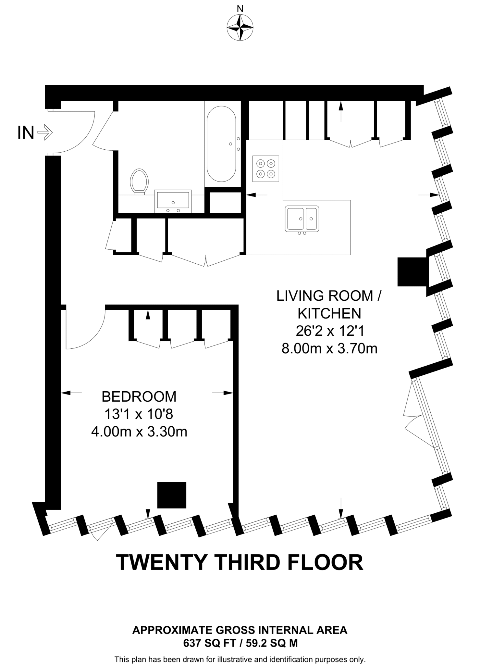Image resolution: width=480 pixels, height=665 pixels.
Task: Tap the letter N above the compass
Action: coord(240,9)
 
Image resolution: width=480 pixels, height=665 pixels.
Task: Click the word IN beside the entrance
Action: coord(26,132)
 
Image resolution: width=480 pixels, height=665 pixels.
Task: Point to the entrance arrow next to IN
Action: coord(45,132)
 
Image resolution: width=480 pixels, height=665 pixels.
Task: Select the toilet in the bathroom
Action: coord(139,182)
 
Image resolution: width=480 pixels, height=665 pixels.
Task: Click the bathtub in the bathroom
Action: coord(222,144)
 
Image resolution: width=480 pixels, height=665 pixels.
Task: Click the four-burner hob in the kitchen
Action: coord(266,169)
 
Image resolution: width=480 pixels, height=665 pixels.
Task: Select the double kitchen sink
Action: coord(302,219)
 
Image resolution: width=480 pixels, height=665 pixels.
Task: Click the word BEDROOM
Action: coord(139,396)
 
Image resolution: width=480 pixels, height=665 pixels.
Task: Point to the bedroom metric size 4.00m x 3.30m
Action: coord(139,432)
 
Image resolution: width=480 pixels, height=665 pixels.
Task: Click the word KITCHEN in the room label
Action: coord(329,313)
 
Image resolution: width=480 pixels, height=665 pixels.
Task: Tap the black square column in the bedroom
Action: coord(172,495)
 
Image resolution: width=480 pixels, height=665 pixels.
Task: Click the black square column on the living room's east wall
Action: coord(412,272)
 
